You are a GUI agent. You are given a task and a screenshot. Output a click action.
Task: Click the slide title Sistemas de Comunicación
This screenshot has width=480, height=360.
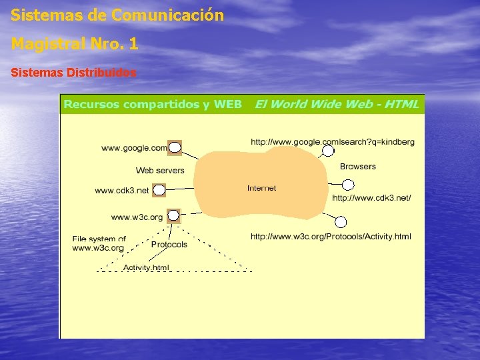pyautogui.click(x=117, y=15)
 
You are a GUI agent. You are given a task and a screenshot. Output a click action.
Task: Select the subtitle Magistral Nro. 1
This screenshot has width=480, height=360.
pyautogui.click(x=75, y=44)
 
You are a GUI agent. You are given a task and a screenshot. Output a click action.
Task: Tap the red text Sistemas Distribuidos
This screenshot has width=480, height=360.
pyautogui.click(x=74, y=72)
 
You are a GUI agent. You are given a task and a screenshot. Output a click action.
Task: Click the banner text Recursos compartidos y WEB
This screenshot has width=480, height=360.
pyautogui.click(x=153, y=105)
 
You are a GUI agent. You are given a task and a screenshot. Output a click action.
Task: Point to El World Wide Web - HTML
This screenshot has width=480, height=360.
pyautogui.click(x=337, y=104)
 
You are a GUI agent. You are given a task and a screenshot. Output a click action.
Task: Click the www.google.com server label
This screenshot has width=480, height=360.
pyautogui.click(x=134, y=148)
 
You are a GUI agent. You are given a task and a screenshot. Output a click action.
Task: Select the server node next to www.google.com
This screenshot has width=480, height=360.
pyautogui.click(x=175, y=147)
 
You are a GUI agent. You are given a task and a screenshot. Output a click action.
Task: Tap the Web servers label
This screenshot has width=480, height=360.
pyautogui.click(x=160, y=171)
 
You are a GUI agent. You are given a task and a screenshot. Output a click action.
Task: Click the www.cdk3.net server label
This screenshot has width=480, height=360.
pyautogui.click(x=122, y=191)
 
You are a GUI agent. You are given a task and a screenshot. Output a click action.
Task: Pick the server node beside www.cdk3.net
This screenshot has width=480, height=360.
pyautogui.click(x=159, y=191)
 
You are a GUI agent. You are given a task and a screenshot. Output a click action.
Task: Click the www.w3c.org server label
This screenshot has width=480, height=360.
pyautogui.click(x=137, y=217)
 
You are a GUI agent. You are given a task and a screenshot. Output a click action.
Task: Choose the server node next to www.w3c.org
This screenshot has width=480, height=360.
pyautogui.click(x=173, y=215)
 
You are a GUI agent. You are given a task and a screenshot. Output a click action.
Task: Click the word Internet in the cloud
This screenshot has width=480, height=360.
pyautogui.click(x=261, y=189)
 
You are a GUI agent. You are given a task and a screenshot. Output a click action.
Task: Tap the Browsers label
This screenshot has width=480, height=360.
pyautogui.click(x=358, y=167)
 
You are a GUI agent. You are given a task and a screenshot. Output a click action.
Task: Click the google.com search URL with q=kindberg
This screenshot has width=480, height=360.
pyautogui.click(x=332, y=142)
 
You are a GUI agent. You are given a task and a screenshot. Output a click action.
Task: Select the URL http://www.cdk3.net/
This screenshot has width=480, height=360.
pyautogui.click(x=371, y=198)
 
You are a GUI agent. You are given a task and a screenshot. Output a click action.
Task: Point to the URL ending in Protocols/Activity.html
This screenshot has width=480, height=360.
pyautogui.click(x=331, y=237)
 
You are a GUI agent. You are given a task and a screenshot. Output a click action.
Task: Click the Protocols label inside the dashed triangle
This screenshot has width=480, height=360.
pyautogui.click(x=169, y=245)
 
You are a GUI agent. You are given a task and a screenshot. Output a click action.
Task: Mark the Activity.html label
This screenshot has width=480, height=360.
pyautogui.click(x=146, y=267)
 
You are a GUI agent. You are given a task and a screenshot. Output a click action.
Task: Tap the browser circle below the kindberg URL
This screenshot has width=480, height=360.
pyautogui.click(x=328, y=151)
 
